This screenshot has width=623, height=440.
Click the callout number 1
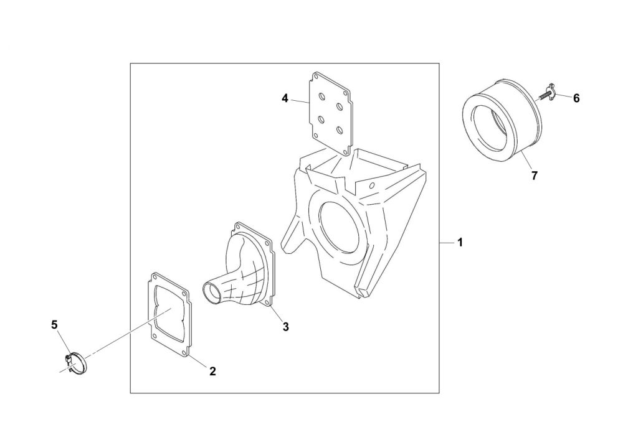point(460,243)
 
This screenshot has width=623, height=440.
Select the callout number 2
point(212,371)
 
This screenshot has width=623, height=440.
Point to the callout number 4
point(285,98)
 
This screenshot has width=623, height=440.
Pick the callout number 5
point(54,324)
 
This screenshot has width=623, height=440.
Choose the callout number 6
point(576,98)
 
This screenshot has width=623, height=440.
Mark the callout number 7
point(533,176)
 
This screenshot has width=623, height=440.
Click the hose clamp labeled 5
point(76,361)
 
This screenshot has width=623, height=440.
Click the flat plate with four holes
point(330,112)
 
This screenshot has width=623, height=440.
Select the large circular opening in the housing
point(340,225)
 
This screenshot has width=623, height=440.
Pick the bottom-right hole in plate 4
point(340,129)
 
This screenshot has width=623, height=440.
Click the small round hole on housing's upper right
point(372,185)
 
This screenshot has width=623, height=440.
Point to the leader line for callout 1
point(446,243)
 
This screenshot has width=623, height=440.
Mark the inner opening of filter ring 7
point(492,124)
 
